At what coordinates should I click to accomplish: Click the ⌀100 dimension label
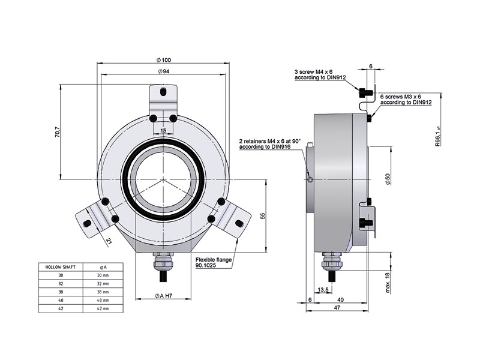[x=164, y=60]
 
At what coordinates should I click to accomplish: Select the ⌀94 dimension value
[x=164, y=71]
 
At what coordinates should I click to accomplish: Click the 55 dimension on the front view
[x=263, y=215]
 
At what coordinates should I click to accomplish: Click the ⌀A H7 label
[x=164, y=296]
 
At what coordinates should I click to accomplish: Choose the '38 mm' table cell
[x=102, y=291]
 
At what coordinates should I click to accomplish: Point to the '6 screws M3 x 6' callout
[x=406, y=99]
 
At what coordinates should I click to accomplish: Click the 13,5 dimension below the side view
[x=322, y=290]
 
